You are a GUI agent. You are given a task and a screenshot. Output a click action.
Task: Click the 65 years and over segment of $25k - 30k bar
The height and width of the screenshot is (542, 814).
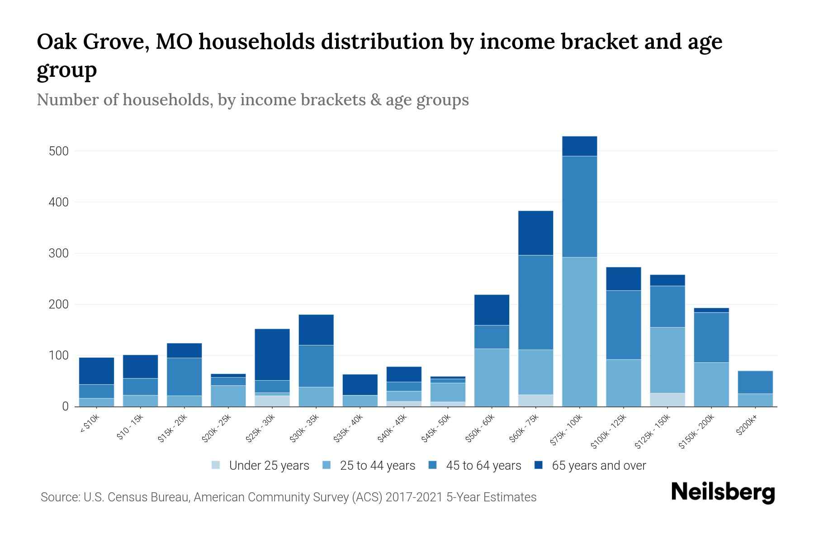pos(272,355)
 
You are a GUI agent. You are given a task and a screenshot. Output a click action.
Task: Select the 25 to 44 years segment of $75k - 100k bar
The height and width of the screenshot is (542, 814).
pos(579,332)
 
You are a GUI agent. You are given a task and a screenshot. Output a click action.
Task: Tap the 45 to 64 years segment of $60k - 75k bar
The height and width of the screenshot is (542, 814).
pos(535,302)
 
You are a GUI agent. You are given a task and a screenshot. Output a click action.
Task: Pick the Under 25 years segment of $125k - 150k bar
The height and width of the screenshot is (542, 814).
pos(667,400)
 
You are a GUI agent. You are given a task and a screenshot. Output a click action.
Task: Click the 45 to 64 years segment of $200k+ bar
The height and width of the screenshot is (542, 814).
pos(755,382)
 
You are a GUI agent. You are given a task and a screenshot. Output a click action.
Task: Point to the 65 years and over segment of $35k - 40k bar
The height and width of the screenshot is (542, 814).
pos(360,385)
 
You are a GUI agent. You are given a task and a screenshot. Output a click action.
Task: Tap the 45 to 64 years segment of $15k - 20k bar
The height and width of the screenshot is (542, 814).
pos(185,377)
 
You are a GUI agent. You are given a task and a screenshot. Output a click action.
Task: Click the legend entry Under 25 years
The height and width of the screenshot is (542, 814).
pos(269,466)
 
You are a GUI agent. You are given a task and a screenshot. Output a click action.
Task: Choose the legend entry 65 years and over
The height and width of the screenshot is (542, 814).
pos(599,466)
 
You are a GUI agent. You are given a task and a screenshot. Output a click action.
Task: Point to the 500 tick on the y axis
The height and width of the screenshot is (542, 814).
pos(59,151)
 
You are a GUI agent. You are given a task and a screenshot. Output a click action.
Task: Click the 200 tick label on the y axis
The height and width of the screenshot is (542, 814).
pos(59,305)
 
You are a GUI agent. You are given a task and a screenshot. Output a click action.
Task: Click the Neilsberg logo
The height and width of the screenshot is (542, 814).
pos(723,493)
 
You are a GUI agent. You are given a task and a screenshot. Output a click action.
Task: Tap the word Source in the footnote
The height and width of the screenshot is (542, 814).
pos(60,497)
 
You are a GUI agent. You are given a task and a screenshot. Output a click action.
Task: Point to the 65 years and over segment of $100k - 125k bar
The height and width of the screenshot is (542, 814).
pos(624,279)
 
